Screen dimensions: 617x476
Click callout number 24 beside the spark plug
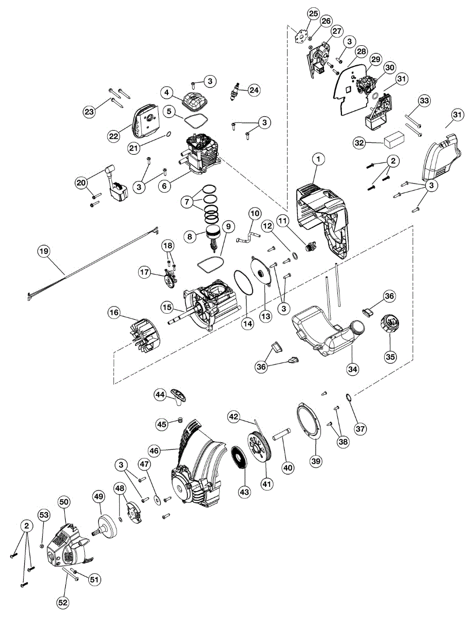click(254, 90)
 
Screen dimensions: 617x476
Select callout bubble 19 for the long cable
click(44, 251)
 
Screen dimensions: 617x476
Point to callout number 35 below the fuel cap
click(391, 357)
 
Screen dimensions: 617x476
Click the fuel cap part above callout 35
click(390, 325)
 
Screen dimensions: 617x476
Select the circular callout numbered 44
click(160, 394)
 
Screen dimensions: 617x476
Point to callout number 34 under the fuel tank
click(352, 368)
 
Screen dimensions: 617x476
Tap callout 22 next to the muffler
click(113, 136)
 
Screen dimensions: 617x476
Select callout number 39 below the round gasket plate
click(316, 461)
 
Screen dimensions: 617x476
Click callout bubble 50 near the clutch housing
click(64, 502)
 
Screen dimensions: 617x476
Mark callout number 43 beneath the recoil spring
click(244, 491)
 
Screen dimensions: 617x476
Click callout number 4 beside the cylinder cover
click(166, 93)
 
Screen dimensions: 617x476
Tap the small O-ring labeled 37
click(349, 397)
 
